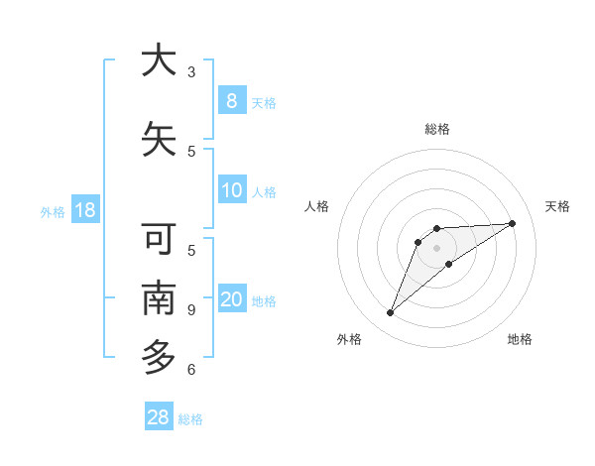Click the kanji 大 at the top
[x=159, y=60]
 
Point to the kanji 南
[x=159, y=298]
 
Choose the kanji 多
[x=159, y=356]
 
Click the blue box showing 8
[x=231, y=100]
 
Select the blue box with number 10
[x=231, y=190]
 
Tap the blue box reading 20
[x=231, y=299]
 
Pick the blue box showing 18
[x=84, y=210]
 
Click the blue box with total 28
[x=159, y=417]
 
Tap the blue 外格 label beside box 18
[x=53, y=211]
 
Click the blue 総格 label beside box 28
[x=190, y=419]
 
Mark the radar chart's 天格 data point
[x=512, y=223]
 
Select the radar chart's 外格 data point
[x=391, y=313]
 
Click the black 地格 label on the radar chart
[x=520, y=339]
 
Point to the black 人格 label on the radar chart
[x=317, y=206]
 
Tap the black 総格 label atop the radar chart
[x=436, y=129]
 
